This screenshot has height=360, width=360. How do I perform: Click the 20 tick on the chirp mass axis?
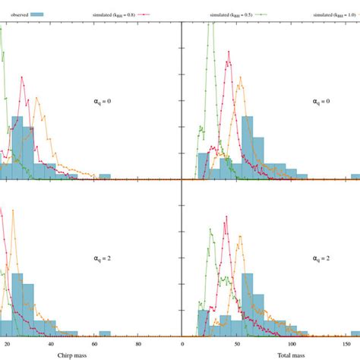(7, 343)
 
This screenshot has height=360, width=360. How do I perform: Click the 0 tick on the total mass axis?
(183, 343)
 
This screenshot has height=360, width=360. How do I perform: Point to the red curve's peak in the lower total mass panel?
(226, 218)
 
